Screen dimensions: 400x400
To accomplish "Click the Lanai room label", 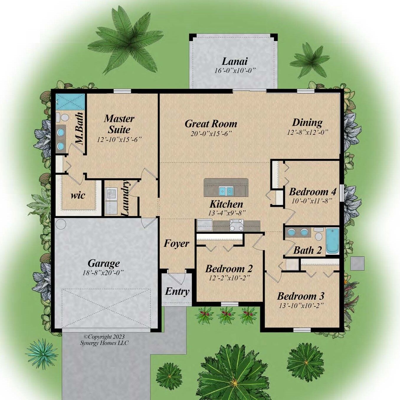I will [x=235, y=61].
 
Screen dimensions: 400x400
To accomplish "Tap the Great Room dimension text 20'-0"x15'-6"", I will [x=211, y=133].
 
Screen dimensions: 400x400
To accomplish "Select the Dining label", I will [x=307, y=122].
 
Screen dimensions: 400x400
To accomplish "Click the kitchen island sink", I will [x=226, y=191].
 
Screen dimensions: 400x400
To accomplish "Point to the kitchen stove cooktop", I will [x=237, y=225].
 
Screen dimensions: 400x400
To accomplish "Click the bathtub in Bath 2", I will [x=332, y=241].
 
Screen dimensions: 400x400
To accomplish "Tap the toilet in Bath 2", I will [x=318, y=235].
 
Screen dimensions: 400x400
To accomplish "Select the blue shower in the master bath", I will [x=70, y=102].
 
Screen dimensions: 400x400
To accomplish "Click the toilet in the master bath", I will [x=63, y=117].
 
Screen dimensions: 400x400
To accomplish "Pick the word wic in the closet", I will [x=78, y=195].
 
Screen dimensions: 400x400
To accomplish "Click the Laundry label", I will [x=125, y=198].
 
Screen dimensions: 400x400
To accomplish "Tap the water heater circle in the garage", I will [x=61, y=224].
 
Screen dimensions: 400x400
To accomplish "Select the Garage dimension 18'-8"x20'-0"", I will [x=103, y=273].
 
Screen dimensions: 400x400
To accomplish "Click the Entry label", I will [x=177, y=291].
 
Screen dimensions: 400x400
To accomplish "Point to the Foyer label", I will [x=176, y=244].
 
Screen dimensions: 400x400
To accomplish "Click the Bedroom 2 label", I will [x=229, y=269].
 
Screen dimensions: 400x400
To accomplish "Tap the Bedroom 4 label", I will [x=312, y=192].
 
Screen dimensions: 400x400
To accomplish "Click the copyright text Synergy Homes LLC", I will [x=104, y=343].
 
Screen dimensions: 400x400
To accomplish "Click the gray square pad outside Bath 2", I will [x=357, y=263].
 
